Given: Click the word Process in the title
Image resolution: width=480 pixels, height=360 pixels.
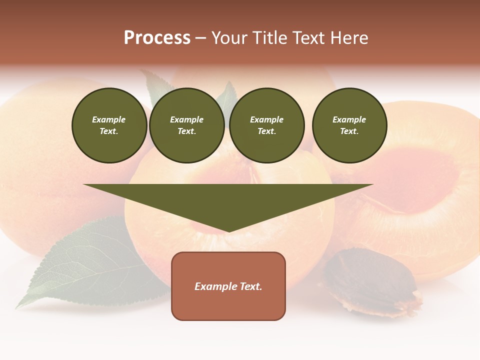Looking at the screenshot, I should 157,38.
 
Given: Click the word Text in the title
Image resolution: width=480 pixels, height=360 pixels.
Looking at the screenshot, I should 308,38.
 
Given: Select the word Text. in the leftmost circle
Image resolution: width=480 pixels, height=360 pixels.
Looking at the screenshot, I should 109,131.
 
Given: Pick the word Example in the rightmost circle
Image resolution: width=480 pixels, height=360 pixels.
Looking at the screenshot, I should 349,119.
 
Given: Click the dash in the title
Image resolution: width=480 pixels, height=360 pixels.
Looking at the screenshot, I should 200,38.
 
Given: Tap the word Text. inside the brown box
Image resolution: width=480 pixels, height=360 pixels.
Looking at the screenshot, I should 251,286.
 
